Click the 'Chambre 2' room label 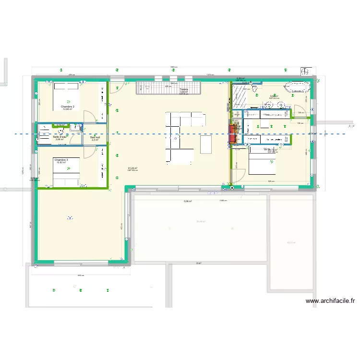(67, 107)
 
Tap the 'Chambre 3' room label (61, 160)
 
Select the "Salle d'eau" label (60, 137)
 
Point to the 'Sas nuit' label (95, 137)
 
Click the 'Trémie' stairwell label (184, 89)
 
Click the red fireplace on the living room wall (233, 134)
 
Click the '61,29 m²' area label (132, 168)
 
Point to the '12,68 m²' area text (67, 109)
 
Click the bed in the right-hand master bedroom (262, 166)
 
